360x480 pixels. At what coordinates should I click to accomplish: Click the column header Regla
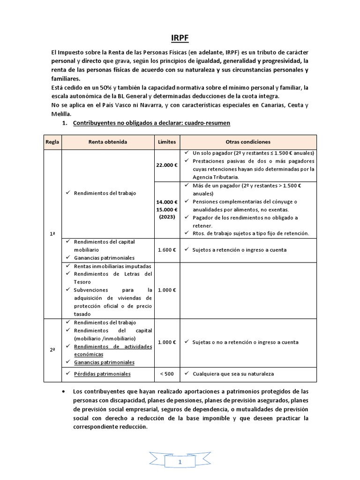tap(52, 142)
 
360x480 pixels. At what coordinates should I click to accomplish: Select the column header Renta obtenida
tap(108, 142)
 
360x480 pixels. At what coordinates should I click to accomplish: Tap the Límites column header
tap(167, 142)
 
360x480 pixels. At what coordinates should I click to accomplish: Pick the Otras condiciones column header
tap(248, 142)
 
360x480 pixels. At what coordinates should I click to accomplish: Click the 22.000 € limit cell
tap(167, 165)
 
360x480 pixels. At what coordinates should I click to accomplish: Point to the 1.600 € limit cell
tap(167, 250)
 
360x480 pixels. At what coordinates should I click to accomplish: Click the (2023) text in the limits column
tap(167, 217)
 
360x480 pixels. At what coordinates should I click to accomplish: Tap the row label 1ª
tap(52, 233)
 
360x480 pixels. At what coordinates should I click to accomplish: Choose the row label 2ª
tap(52, 342)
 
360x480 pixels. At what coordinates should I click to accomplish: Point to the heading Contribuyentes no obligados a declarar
tap(151, 123)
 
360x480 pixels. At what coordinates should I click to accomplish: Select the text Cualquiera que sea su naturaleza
tap(232, 374)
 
